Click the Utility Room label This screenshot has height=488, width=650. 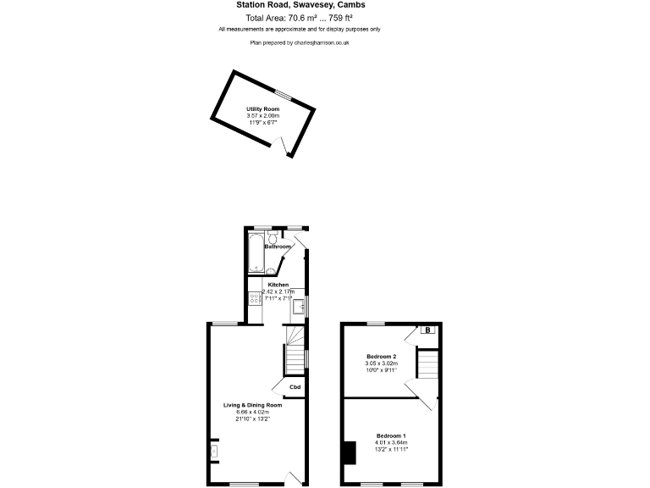pyautogui.click(x=262, y=109)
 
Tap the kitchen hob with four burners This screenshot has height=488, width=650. pyautogui.click(x=255, y=297)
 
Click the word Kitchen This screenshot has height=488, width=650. pyautogui.click(x=278, y=285)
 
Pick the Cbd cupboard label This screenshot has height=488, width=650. pyautogui.click(x=295, y=387)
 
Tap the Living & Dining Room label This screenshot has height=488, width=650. pyautogui.click(x=252, y=405)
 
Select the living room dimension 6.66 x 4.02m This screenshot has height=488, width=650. pyautogui.click(x=252, y=412)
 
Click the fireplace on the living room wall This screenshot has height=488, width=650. pyautogui.click(x=213, y=452)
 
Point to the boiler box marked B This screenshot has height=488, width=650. pyautogui.click(x=427, y=330)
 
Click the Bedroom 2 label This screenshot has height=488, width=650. pyautogui.click(x=381, y=356)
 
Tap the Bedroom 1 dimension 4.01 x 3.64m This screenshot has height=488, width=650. pyautogui.click(x=392, y=442)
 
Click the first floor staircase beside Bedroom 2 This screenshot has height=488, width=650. pyautogui.click(x=427, y=366)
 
